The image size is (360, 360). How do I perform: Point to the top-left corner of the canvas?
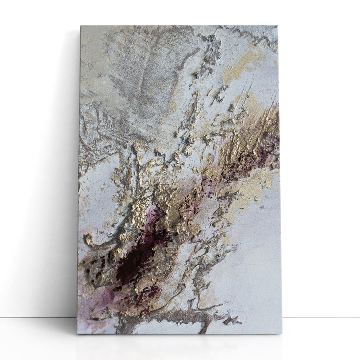[81, 26]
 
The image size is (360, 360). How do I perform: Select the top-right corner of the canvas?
[277, 26]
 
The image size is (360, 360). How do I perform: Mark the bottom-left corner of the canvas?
[77, 333]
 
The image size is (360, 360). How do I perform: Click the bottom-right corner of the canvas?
[281, 333]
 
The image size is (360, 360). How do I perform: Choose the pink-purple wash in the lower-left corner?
[92, 305]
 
